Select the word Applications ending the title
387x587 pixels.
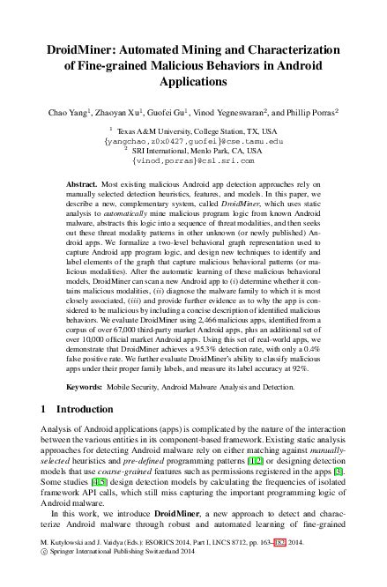(x=193, y=81)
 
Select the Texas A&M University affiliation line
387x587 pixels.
(x=192, y=130)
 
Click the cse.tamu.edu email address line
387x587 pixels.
(x=194, y=140)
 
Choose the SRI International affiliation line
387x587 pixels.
(x=192, y=151)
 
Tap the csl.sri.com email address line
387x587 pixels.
(x=192, y=161)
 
